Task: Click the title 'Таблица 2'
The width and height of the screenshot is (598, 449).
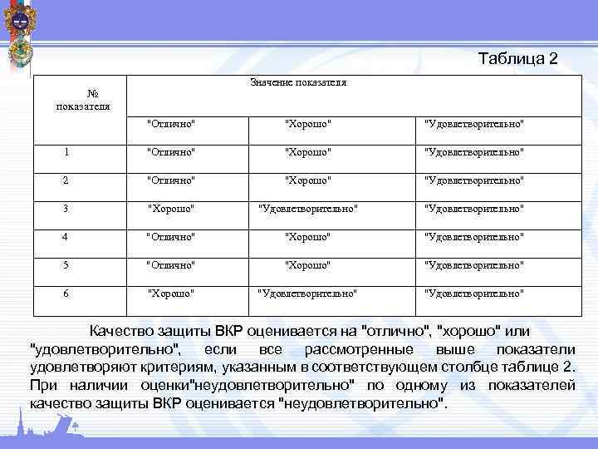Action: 518,59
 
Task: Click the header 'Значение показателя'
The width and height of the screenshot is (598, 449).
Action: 298,83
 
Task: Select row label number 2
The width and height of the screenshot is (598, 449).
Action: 66,180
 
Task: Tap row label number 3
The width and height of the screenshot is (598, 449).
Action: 66,208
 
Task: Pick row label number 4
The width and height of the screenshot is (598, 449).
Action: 66,236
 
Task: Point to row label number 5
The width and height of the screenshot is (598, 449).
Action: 66,264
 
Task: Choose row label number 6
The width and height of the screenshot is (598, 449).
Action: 66,293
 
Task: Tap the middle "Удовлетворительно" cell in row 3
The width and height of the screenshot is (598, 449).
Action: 308,208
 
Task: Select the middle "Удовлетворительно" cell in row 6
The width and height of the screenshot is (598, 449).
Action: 308,293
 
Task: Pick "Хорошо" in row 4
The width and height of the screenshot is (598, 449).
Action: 308,236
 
